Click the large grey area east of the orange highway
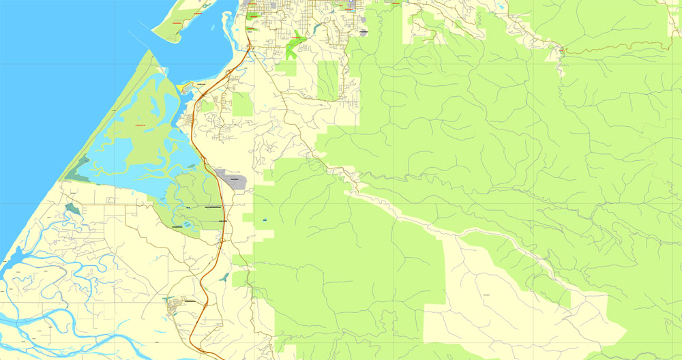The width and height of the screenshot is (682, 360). point(231,177)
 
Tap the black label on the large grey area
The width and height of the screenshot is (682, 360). point(235,179)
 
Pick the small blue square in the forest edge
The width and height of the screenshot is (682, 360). point(263,220)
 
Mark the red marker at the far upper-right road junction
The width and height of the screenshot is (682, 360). point(561,50)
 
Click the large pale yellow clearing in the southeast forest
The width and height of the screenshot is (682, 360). point(491,300)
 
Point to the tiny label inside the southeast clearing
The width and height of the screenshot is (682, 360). point(486,294)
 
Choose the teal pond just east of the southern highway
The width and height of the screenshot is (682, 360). point(224,277)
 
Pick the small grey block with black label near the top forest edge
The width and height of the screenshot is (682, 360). point(364,31)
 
